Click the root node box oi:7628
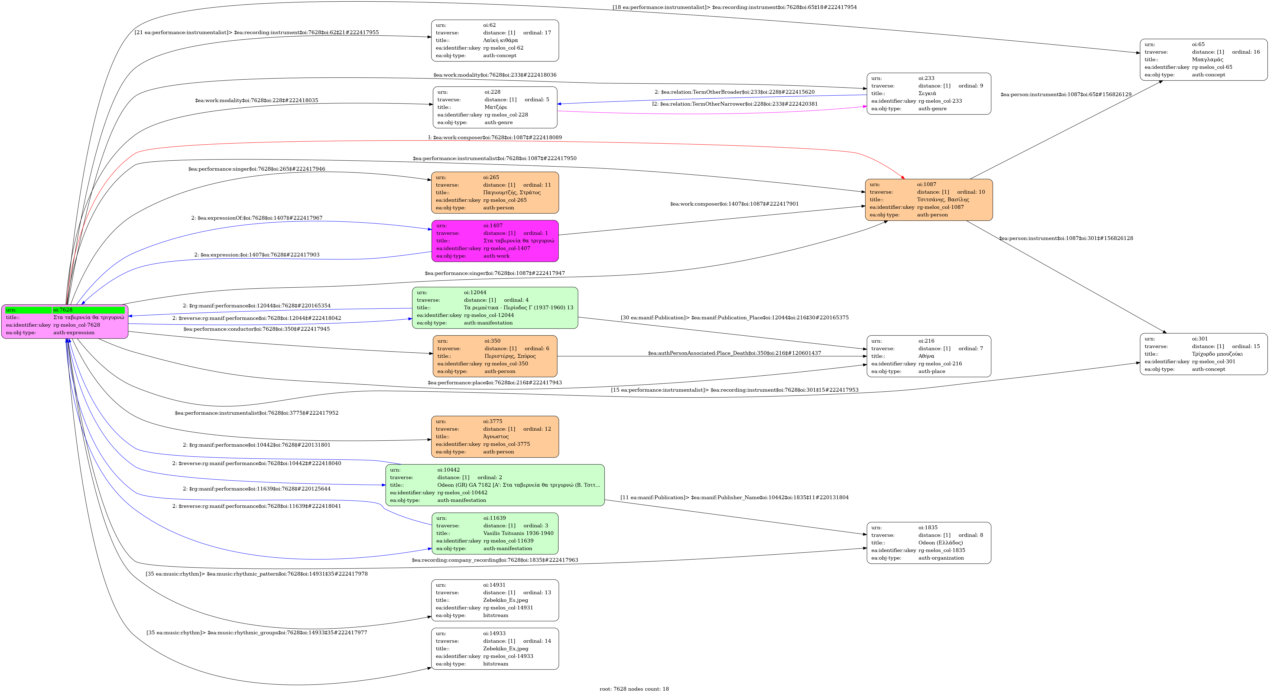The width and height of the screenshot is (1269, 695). point(64,321)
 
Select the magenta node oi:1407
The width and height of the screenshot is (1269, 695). point(495,241)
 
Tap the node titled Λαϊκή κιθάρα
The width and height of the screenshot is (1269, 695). point(495,40)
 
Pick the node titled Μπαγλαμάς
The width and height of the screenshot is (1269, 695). point(1203,60)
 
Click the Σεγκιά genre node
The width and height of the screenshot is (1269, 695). point(929,94)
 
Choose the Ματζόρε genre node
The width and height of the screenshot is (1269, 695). point(495,107)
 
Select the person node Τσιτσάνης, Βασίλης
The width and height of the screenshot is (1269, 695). point(929,200)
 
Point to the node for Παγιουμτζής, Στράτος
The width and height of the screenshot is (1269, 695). point(495,193)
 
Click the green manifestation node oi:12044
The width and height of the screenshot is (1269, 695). point(495,308)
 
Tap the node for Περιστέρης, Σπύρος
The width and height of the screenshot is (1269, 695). point(495,356)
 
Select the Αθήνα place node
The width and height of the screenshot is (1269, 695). point(929,356)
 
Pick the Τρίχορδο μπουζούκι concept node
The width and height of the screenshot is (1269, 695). point(1203,354)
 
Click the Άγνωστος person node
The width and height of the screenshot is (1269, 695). point(495,436)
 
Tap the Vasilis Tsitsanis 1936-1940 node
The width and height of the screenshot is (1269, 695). point(495,534)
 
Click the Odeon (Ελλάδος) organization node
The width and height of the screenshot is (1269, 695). point(929,543)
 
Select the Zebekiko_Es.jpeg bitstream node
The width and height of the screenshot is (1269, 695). point(495,600)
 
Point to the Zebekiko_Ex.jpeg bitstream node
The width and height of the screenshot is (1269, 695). point(495,649)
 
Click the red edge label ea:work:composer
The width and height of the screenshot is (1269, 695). point(495,137)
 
